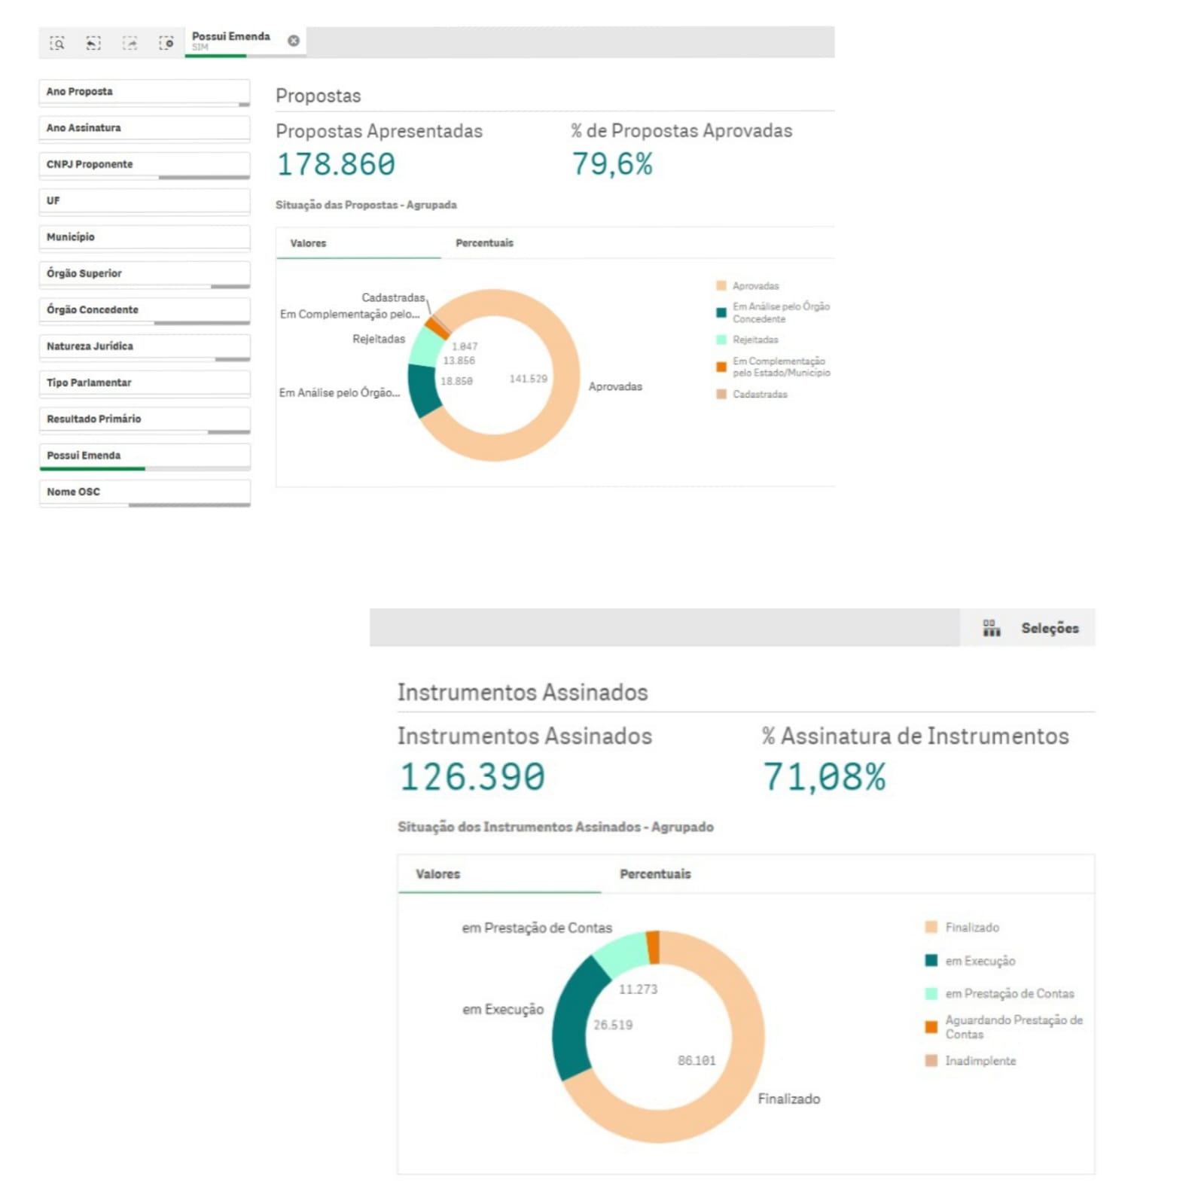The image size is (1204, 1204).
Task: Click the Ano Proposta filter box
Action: click(143, 91)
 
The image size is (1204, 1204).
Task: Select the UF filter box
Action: click(143, 200)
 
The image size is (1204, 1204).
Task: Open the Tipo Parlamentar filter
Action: click(143, 383)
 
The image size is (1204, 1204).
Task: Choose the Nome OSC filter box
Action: click(143, 492)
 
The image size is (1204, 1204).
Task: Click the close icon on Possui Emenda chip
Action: click(294, 41)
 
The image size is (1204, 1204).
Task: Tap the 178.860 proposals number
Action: click(336, 164)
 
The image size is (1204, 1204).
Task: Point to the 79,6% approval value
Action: click(612, 163)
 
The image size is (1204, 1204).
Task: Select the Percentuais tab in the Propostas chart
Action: click(484, 243)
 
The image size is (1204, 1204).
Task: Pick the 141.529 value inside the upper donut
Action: click(528, 379)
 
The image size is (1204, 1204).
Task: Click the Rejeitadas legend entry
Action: click(755, 340)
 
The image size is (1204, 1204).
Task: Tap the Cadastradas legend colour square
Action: click(721, 394)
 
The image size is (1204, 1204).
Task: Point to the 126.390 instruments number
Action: click(472, 777)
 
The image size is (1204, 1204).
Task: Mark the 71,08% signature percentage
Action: click(825, 777)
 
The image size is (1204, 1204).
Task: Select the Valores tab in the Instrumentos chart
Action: click(437, 873)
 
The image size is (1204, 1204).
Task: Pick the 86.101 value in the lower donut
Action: click(696, 1060)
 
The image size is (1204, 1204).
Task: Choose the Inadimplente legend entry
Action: click(980, 1060)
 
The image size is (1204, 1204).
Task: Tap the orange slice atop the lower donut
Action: click(654, 947)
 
